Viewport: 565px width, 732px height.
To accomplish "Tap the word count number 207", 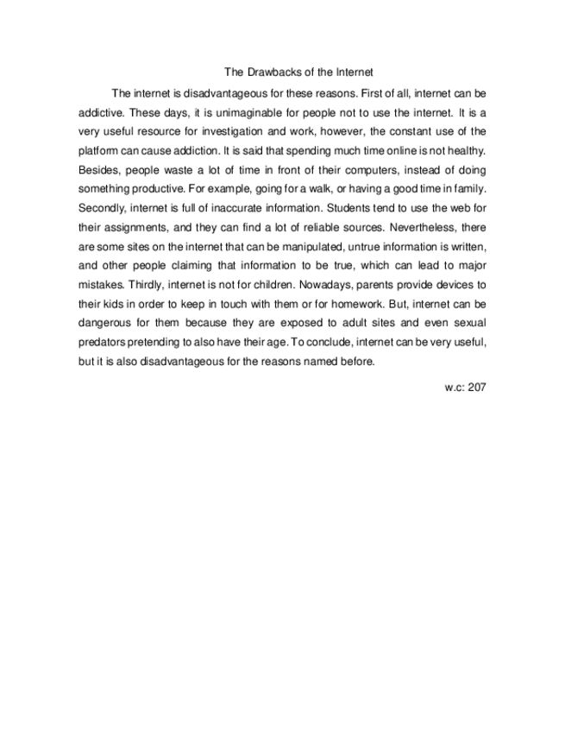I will click(x=476, y=387).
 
